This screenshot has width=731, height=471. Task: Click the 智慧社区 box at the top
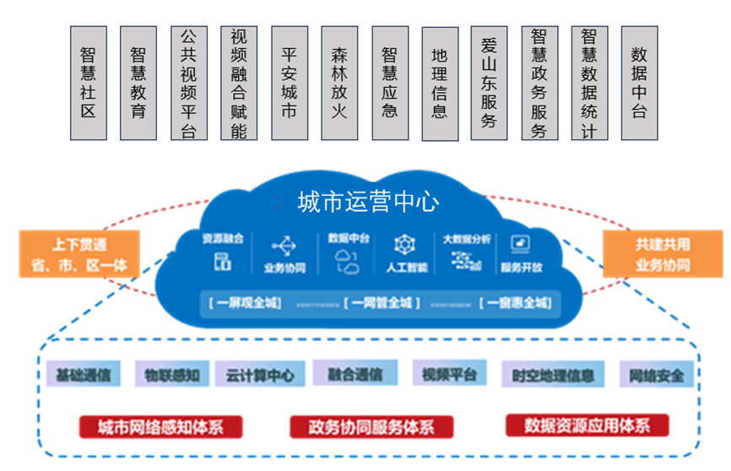tap(88, 82)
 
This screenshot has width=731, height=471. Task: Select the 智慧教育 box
tap(138, 82)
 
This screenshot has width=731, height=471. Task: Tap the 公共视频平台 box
tap(188, 82)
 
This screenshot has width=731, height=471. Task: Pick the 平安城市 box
tap(289, 82)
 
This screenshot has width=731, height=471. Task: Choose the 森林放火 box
tap(339, 82)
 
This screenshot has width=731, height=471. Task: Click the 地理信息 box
tap(439, 82)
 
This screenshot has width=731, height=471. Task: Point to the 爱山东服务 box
tap(489, 82)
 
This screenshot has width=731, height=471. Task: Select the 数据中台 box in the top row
tap(639, 82)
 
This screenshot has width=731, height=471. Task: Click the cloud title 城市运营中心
tap(368, 202)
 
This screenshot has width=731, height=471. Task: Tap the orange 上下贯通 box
tap(78, 255)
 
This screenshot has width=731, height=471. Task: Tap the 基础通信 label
tap(83, 374)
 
